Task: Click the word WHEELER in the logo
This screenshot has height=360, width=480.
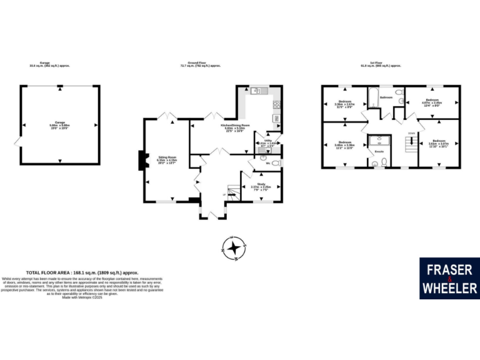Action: (448, 288)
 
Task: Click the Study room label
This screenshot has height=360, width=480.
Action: (261, 185)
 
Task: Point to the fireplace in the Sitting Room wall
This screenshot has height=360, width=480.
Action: (141, 161)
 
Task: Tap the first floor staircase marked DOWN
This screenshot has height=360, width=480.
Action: (411, 145)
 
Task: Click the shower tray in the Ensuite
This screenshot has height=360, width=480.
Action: (378, 142)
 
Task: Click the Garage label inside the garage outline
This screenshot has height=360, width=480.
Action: (59, 123)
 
